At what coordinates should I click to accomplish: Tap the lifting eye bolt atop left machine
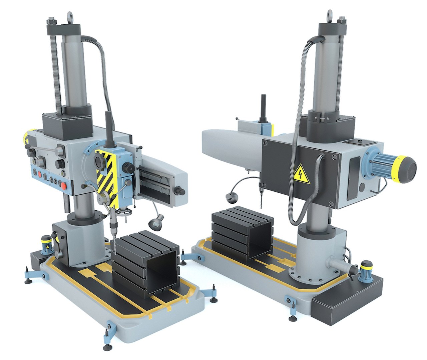(70, 16)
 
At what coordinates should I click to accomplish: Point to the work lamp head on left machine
(156, 222)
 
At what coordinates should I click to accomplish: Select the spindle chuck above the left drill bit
(113, 226)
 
